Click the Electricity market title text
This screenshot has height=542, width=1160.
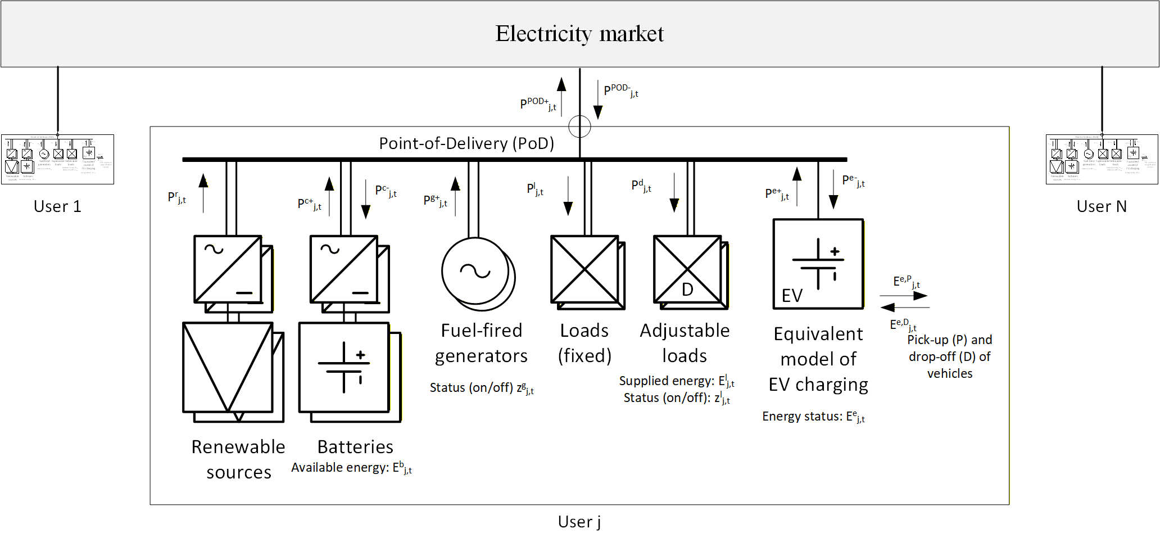pyautogui.click(x=579, y=34)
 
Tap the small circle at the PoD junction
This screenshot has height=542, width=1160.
pyautogui.click(x=579, y=127)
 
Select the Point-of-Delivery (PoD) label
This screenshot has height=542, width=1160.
pyautogui.click(x=466, y=143)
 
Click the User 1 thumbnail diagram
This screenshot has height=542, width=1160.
pyautogui.click(x=57, y=159)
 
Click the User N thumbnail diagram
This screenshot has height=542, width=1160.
pyautogui.click(x=1102, y=159)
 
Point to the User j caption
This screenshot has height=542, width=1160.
pyautogui.click(x=579, y=522)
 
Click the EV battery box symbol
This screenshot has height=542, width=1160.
pyautogui.click(x=818, y=264)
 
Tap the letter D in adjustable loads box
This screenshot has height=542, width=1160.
pyautogui.click(x=687, y=290)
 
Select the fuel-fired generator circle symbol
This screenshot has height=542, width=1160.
pyautogui.click(x=475, y=271)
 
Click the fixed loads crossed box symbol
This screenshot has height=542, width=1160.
pyautogui.click(x=584, y=269)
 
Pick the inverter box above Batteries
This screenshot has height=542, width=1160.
pyautogui.click(x=343, y=269)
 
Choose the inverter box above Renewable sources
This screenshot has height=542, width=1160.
pyautogui.click(x=228, y=269)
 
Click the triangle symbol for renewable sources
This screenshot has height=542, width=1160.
pyautogui.click(x=228, y=367)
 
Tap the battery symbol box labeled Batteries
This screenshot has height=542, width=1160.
pyautogui.click(x=343, y=367)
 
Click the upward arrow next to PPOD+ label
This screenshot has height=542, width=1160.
pyautogui.click(x=561, y=96)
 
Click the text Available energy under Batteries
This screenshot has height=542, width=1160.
pyautogui.click(x=339, y=468)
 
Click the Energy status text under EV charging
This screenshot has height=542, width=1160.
pyautogui.click(x=803, y=417)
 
